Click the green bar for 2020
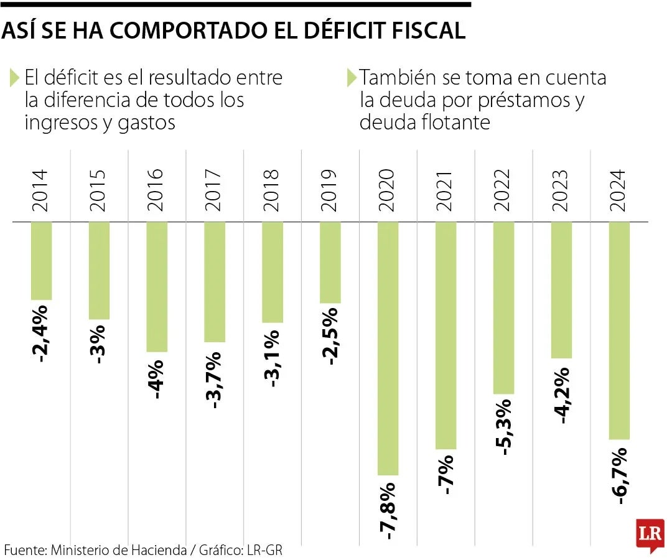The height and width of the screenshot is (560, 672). (x=388, y=348)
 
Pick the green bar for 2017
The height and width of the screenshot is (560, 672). (x=215, y=282)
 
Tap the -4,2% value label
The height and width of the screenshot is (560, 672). (x=562, y=394)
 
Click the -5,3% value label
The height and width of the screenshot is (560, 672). (x=504, y=427)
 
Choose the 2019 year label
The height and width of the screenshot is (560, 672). (x=330, y=190)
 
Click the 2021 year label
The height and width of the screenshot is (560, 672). (x=446, y=190)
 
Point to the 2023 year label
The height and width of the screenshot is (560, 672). (x=562, y=190)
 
